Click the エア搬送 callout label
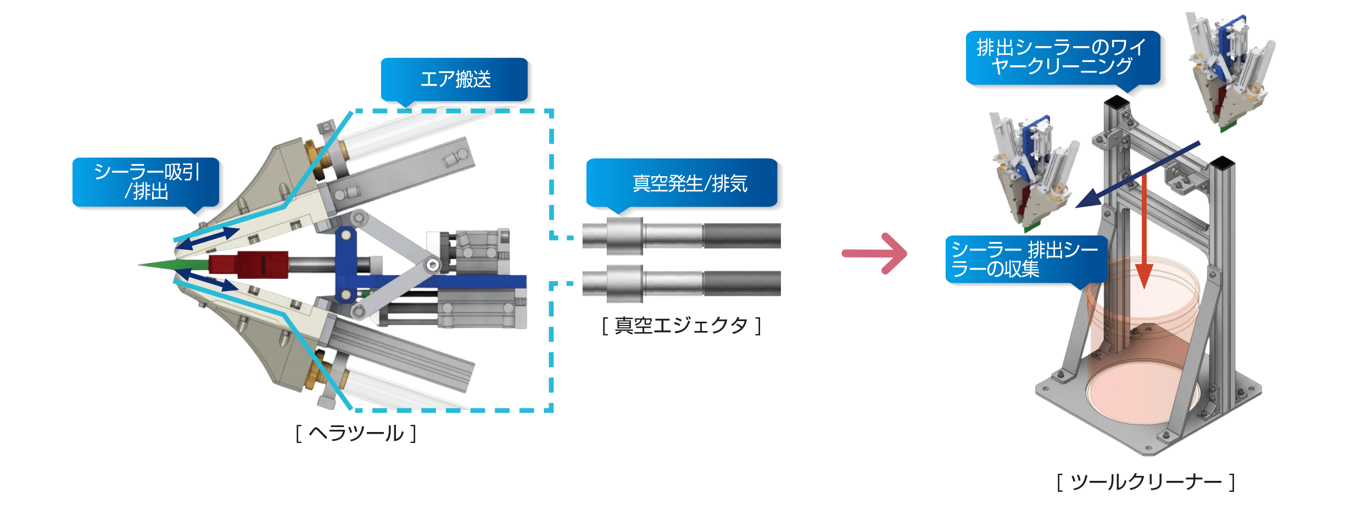(455, 80)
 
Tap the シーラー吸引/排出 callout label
(146, 182)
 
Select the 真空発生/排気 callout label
(682, 183)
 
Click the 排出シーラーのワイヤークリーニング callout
(1062, 57)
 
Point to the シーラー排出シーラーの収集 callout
(1025, 260)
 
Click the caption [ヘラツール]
(356, 433)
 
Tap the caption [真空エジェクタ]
(681, 326)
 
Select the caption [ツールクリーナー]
(1146, 482)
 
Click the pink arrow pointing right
(875, 253)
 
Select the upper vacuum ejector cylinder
(681, 235)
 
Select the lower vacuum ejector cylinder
(681, 283)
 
